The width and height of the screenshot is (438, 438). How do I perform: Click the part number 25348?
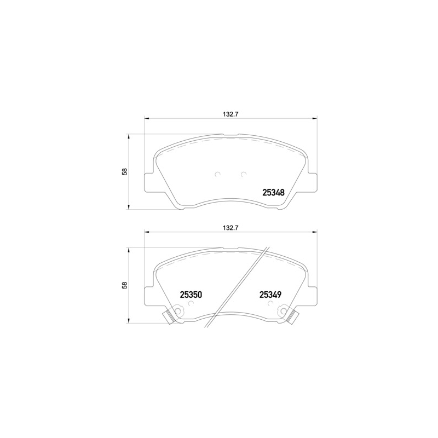pos(273,193)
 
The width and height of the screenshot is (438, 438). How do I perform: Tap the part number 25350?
pos(191,295)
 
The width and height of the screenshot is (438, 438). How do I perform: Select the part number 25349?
pos(270,295)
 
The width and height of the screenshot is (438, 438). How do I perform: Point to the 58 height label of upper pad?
pos(125,171)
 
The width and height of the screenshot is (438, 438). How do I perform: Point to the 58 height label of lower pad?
pos(125,285)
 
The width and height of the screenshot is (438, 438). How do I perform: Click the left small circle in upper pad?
pos(217,174)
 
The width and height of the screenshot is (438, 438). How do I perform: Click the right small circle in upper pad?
pos(244,174)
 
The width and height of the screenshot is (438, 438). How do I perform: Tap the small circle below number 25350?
pos(191,303)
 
